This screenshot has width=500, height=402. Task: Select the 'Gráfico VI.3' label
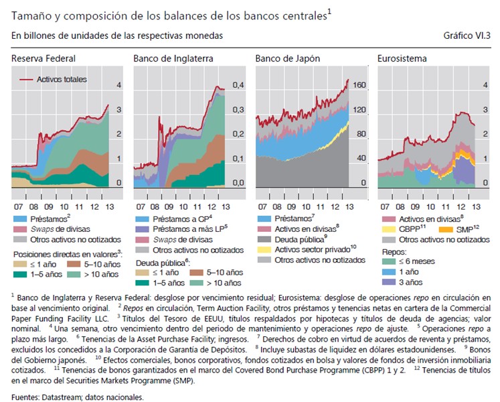[x=466, y=35]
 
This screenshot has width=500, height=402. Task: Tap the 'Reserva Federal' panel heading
[x=44, y=59]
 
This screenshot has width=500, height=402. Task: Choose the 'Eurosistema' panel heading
[x=403, y=59]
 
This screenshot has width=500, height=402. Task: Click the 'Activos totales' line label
[x=62, y=79]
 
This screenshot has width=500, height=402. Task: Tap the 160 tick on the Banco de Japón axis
[x=360, y=86]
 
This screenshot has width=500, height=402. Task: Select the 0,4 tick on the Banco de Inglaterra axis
[x=238, y=86]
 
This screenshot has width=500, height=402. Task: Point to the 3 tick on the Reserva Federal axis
[x=119, y=110]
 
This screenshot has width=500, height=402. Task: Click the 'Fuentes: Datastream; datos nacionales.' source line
[x=78, y=397]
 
